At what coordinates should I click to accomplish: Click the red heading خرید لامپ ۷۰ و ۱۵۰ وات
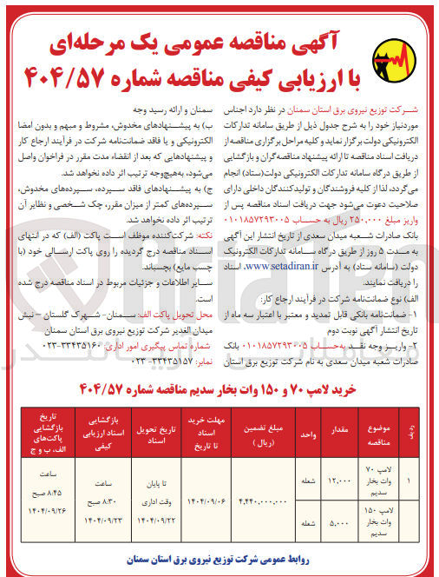tap(219, 387)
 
